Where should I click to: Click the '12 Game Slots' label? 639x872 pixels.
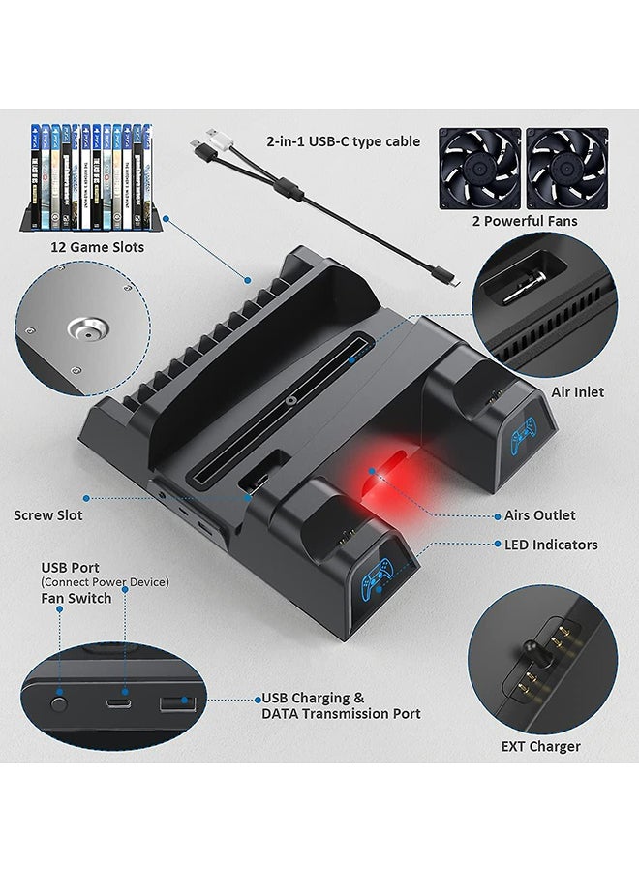pyautogui.click(x=97, y=247)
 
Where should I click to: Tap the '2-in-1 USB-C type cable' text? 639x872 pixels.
pyautogui.click(x=343, y=141)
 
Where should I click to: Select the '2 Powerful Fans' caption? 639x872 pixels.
pyautogui.click(x=525, y=221)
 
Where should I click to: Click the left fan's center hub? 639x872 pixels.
pyautogui.click(x=479, y=168)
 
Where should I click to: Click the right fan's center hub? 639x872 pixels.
pyautogui.click(x=566, y=168)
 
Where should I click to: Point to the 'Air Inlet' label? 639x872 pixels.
pyautogui.click(x=577, y=392)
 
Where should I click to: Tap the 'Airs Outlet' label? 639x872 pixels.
pyautogui.click(x=539, y=515)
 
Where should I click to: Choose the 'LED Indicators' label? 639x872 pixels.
pyautogui.click(x=551, y=545)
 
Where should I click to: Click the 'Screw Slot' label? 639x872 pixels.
pyautogui.click(x=47, y=515)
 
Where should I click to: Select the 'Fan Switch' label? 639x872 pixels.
pyautogui.click(x=76, y=599)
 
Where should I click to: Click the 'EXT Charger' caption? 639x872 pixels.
pyautogui.click(x=540, y=746)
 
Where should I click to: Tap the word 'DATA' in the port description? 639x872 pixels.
pyautogui.click(x=281, y=713)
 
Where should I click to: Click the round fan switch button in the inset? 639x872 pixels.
pyautogui.click(x=59, y=703)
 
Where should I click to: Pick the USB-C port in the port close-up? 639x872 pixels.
pyautogui.click(x=118, y=703)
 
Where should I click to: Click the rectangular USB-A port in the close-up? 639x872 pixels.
pyautogui.click(x=178, y=704)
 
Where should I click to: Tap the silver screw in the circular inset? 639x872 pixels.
pyautogui.click(x=87, y=330)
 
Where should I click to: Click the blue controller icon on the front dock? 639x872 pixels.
pyautogui.click(x=377, y=576)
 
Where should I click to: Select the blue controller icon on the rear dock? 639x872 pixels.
pyautogui.click(x=524, y=435)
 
